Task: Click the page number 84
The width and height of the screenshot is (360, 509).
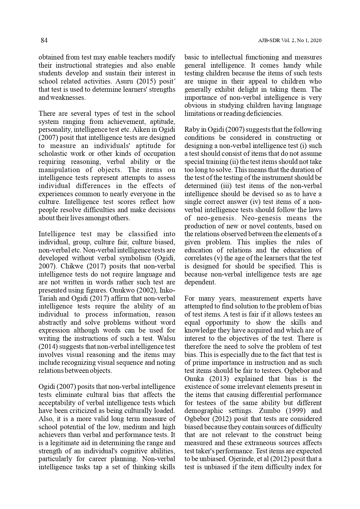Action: point(44,40)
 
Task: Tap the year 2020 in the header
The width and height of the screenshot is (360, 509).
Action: point(316,41)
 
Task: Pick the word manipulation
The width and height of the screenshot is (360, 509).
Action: point(60,170)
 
